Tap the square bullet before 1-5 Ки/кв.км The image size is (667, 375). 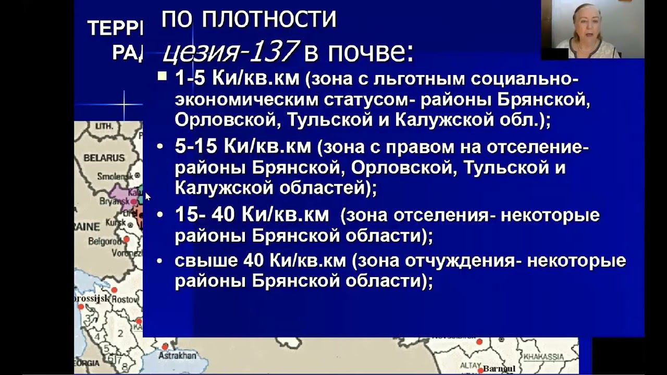[x=162, y=77]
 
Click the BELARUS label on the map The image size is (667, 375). [x=104, y=157]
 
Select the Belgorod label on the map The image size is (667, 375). [x=105, y=242]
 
